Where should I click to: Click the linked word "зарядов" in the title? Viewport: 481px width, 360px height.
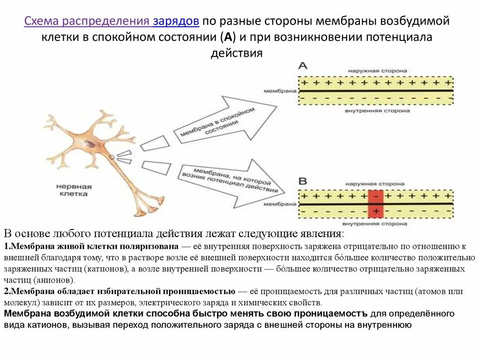tap(176, 21)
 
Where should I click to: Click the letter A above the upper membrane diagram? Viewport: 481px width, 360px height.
tap(303, 66)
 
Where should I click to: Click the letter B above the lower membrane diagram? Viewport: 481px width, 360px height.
tap(303, 181)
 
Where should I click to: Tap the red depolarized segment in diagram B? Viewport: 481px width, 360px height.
tap(376, 204)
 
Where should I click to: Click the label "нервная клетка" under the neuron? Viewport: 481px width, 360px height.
tap(74, 190)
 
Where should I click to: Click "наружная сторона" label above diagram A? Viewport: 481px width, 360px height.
tap(377, 70)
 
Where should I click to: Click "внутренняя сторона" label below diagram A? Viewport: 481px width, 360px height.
tap(377, 111)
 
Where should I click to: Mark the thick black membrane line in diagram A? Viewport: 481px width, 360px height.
tap(376, 91)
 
